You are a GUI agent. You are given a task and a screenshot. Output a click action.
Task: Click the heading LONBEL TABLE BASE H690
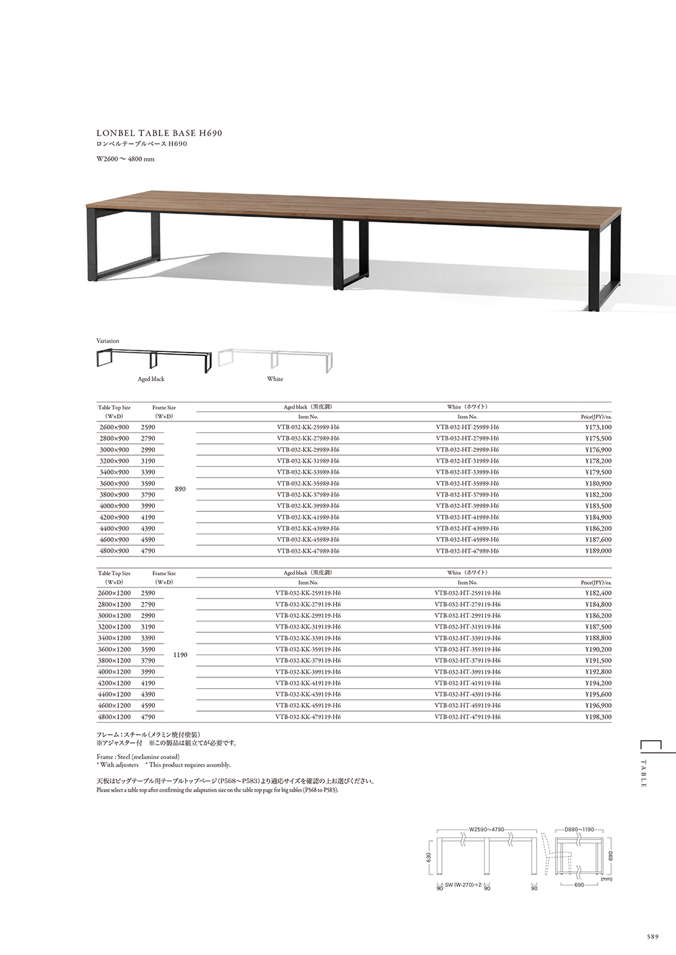[x=160, y=133]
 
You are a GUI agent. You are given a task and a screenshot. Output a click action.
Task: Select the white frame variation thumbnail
[x=275, y=360]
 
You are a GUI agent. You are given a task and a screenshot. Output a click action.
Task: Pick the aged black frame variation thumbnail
[x=155, y=359]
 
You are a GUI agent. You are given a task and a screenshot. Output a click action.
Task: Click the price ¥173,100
[x=598, y=428]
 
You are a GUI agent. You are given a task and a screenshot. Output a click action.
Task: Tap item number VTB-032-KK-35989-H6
[x=308, y=484]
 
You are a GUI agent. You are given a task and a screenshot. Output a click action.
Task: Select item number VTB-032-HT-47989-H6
[x=468, y=551]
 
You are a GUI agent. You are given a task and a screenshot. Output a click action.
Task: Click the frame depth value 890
[x=180, y=489]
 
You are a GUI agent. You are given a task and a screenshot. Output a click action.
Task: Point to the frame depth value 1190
[x=180, y=655]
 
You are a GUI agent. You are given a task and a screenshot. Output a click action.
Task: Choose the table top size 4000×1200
[x=115, y=672]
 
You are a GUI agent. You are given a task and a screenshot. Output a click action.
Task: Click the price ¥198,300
[x=598, y=717]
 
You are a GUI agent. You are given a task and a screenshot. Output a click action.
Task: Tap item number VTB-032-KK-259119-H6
[x=308, y=593]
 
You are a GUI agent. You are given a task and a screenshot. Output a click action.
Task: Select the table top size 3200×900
[x=114, y=461]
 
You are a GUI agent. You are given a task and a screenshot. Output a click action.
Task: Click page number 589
[x=652, y=937]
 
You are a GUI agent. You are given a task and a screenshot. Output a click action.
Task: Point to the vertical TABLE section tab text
[x=644, y=773]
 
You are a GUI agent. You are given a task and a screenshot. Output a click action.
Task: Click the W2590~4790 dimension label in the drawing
[x=487, y=829]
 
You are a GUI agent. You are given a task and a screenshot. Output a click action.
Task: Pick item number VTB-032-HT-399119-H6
[x=468, y=672]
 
